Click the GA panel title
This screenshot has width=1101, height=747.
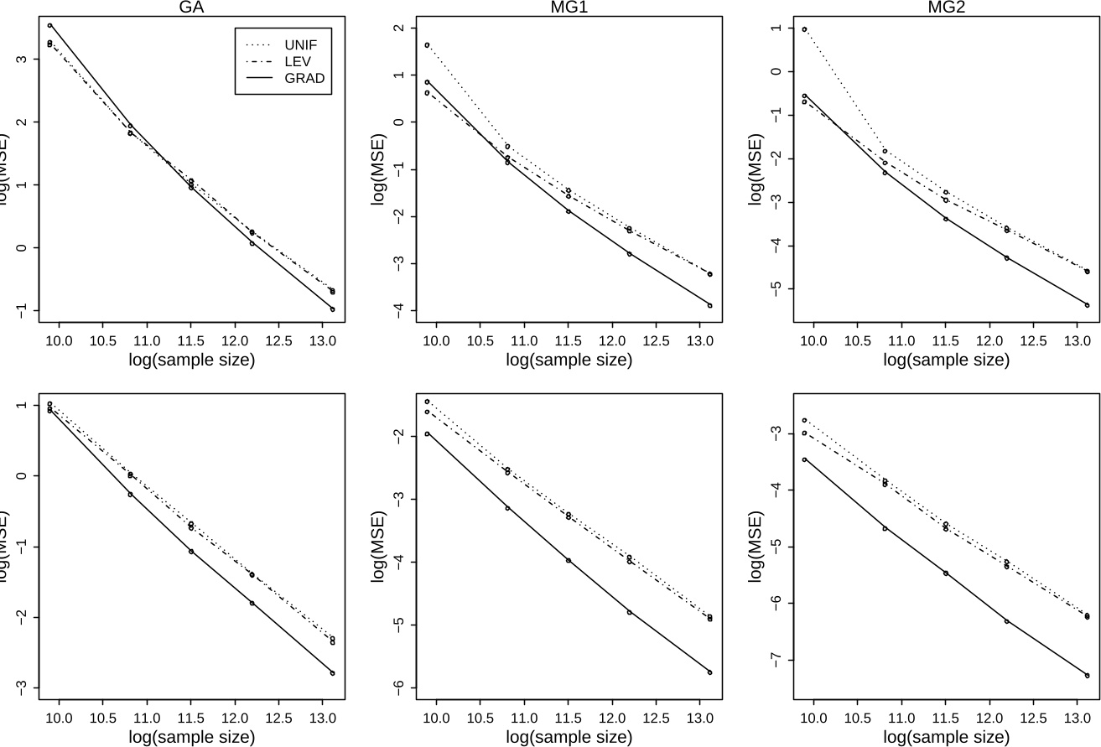[x=196, y=7]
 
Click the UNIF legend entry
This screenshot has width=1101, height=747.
[x=301, y=43]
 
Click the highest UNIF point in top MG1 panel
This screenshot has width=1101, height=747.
[x=427, y=45]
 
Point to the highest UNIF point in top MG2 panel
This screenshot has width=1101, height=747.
[x=804, y=29]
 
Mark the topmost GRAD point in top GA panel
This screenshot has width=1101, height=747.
[x=49, y=25]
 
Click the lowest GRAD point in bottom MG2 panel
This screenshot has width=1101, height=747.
[x=1087, y=676]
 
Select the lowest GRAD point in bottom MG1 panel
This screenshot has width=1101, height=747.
[x=709, y=672]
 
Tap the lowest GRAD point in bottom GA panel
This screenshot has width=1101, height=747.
[x=332, y=673]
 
